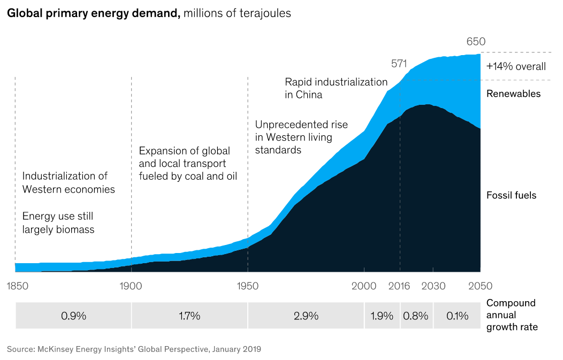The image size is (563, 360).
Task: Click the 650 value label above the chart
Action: (x=476, y=42)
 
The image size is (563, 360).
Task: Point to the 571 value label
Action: (x=399, y=64)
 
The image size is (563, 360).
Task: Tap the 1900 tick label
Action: (x=131, y=286)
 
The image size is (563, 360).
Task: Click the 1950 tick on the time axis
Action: (x=247, y=286)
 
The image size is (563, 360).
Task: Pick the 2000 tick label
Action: (x=364, y=286)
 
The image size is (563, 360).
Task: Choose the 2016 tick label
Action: (x=399, y=286)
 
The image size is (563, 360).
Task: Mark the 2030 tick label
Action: (x=433, y=286)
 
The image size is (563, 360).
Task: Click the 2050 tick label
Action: (x=480, y=286)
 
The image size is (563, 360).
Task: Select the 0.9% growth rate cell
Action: (x=74, y=316)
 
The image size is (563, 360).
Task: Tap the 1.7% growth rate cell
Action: (x=189, y=316)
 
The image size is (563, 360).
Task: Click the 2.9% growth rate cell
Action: (x=306, y=316)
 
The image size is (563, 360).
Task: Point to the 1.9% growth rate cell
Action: (x=382, y=316)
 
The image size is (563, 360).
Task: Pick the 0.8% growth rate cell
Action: (x=416, y=316)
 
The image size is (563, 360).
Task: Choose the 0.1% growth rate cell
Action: (x=457, y=316)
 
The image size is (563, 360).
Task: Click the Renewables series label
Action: (x=513, y=94)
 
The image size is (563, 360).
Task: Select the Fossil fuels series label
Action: (x=511, y=195)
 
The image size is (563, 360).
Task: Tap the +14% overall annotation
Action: (x=516, y=67)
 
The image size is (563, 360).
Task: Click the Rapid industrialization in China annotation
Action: (x=336, y=88)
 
